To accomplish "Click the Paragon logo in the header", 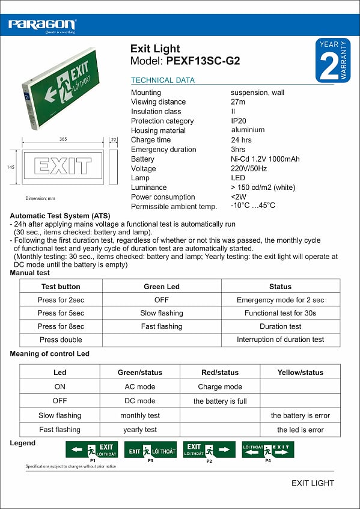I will [x=42, y=25].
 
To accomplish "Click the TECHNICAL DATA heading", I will [x=163, y=80].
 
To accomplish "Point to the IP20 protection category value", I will [x=239, y=121].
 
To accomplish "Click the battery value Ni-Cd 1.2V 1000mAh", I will [x=265, y=159].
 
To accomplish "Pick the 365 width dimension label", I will [x=63, y=139].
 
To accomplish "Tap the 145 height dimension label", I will [x=11, y=168].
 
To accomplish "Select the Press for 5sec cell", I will [x=61, y=313].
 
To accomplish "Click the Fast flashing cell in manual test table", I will [x=161, y=326].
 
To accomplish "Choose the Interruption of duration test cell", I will [x=280, y=340].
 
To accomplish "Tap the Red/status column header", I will [x=219, y=373].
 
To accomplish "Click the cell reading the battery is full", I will [x=220, y=401].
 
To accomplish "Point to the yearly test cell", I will [x=140, y=430].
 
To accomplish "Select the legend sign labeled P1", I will [x=92, y=449].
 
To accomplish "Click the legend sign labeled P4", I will [x=268, y=449].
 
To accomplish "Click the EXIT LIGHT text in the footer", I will [x=313, y=483].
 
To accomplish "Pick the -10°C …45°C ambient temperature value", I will [x=253, y=206].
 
